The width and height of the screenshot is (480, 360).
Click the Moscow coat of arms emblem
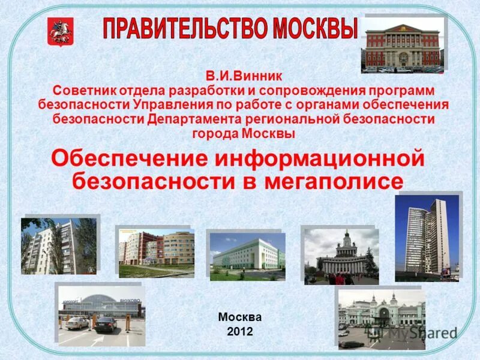point(56,32)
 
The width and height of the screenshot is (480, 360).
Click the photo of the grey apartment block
point(58,245)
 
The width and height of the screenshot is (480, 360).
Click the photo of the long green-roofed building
point(247,256)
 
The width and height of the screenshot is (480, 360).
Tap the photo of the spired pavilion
point(341,256)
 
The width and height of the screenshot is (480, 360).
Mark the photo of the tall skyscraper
point(427,238)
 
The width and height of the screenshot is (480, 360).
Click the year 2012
point(240,331)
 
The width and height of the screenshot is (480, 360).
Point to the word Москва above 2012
point(240,317)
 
